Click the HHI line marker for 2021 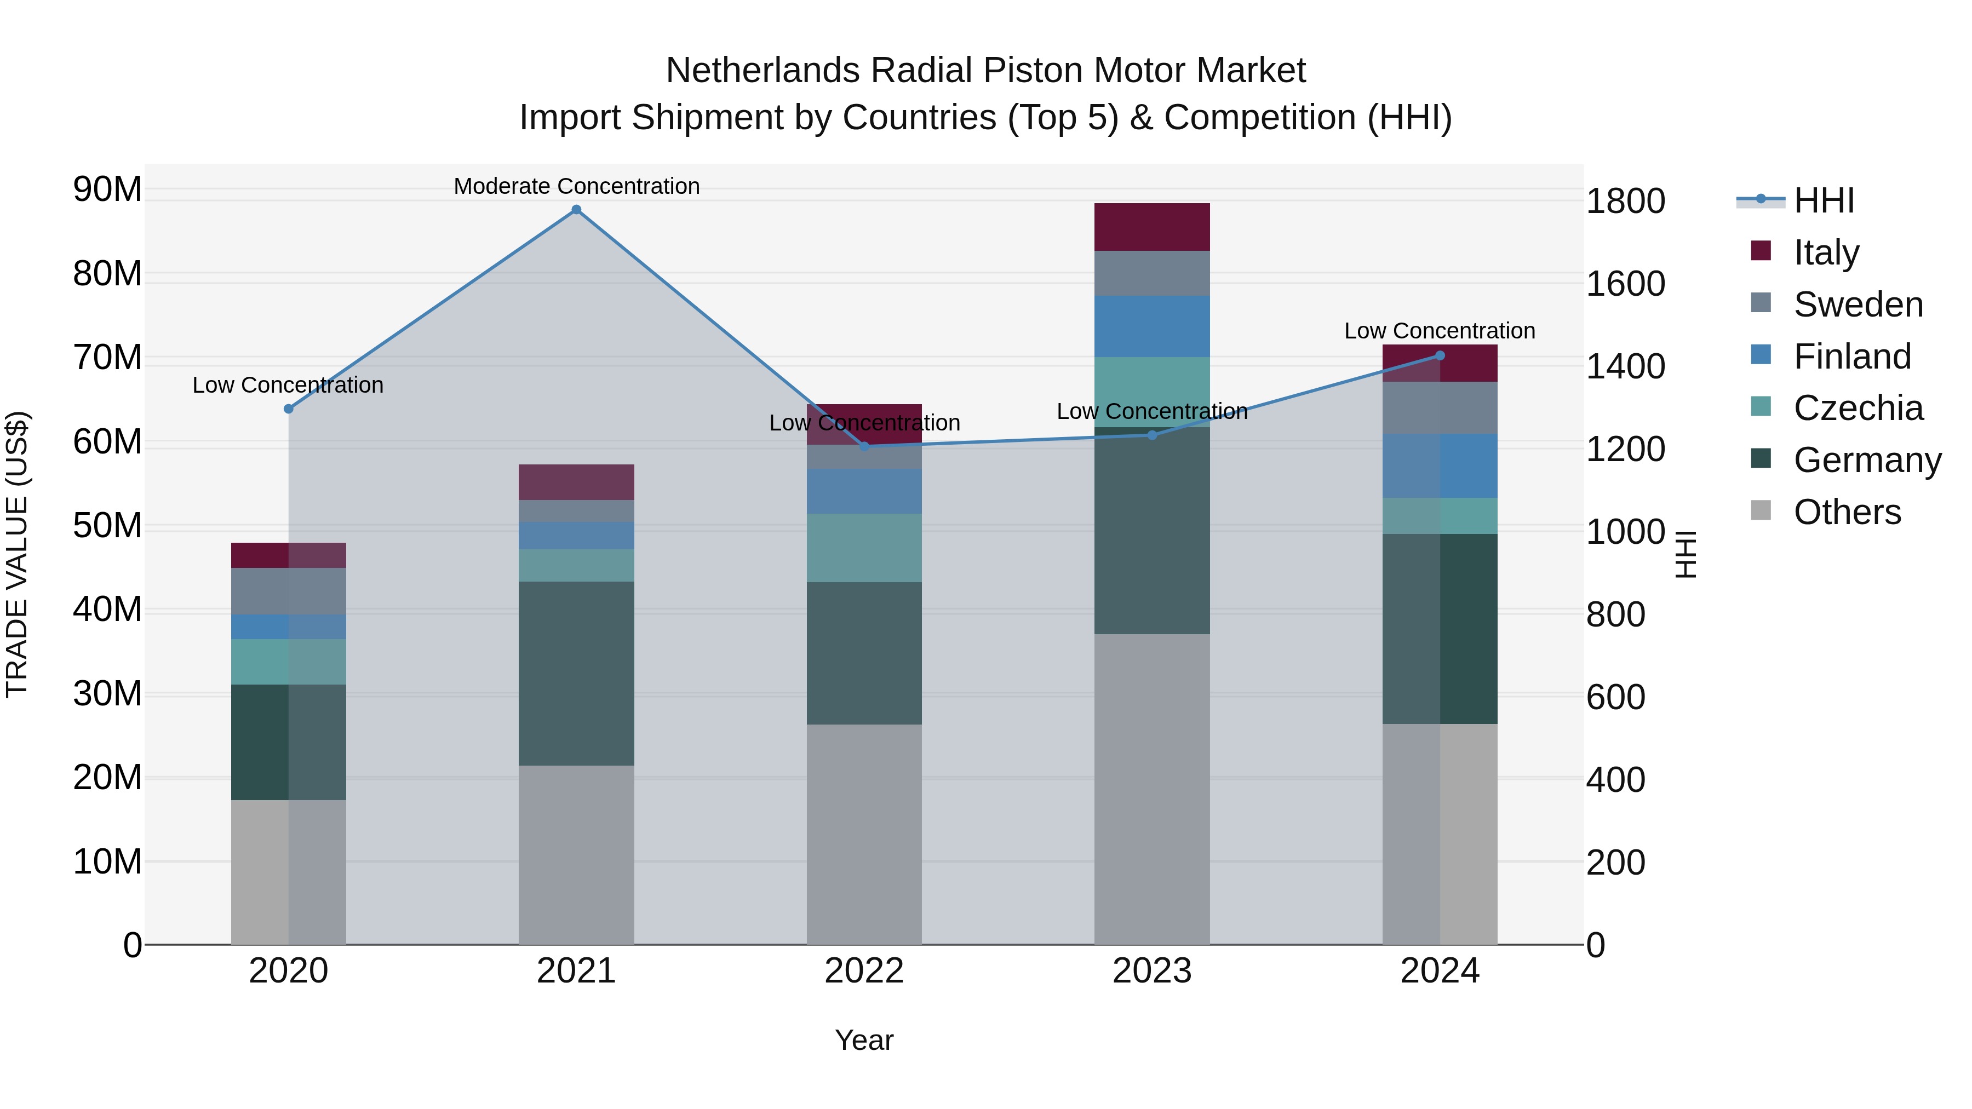[576, 210]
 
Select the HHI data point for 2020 [289, 409]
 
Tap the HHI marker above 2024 [1440, 355]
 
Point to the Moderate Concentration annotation [576, 186]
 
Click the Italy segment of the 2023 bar [1151, 227]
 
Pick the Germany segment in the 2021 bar [576, 674]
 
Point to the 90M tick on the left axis [107, 189]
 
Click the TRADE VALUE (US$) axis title [17, 554]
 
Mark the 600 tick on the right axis [1615, 697]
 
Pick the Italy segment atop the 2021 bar [576, 482]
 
